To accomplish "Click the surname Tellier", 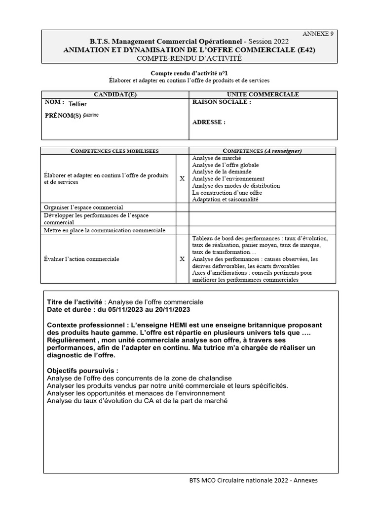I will (77, 104).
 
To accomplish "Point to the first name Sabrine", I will (91, 115).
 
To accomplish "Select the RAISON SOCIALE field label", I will (221, 102).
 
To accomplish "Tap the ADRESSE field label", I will (208, 122).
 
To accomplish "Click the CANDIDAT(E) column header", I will (115, 94).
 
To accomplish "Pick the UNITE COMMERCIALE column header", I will (263, 94).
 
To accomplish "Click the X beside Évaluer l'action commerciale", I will (182, 258).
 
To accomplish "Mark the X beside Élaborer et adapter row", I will (182, 178).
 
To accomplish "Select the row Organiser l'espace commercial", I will (83, 207).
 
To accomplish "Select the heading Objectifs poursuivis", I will (83, 370).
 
